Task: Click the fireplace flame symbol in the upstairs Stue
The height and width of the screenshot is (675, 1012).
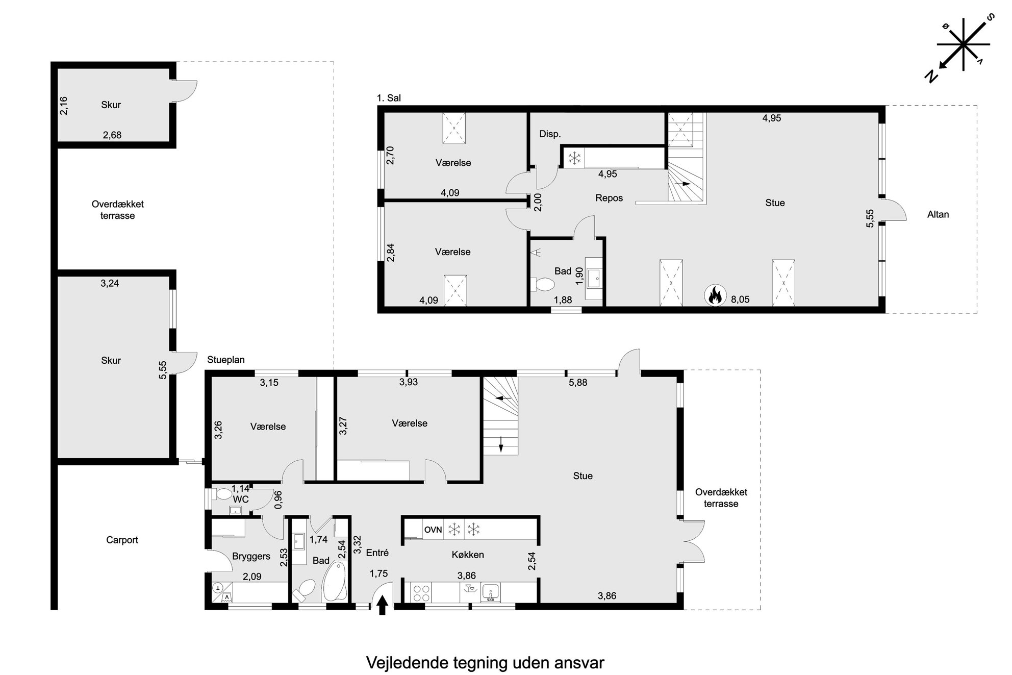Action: tap(715, 295)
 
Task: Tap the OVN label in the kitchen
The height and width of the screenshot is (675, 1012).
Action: tap(433, 530)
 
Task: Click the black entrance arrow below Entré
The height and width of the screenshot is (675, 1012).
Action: tap(382, 607)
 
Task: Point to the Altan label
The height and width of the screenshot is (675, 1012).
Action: tap(938, 214)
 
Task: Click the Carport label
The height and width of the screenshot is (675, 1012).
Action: tap(122, 540)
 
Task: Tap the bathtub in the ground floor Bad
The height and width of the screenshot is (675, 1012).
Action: tap(335, 582)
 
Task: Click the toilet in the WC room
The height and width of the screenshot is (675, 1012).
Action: tap(222, 494)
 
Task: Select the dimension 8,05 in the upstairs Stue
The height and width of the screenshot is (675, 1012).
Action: tap(740, 299)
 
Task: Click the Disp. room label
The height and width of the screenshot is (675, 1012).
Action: tap(550, 134)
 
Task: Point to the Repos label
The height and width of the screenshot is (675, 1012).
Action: tap(609, 198)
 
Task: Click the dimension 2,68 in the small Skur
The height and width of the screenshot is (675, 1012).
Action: tap(112, 135)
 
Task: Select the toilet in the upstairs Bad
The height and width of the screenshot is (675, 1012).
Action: tap(543, 283)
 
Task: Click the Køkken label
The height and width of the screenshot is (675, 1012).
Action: tap(468, 555)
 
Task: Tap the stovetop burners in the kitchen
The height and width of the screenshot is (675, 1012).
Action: tap(421, 593)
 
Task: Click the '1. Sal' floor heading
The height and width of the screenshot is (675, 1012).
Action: tap(389, 98)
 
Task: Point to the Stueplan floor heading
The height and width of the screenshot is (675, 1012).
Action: tap(226, 360)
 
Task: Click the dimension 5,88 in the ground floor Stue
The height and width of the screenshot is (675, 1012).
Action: tap(578, 382)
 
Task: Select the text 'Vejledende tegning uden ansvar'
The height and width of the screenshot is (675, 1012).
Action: tap(485, 663)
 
